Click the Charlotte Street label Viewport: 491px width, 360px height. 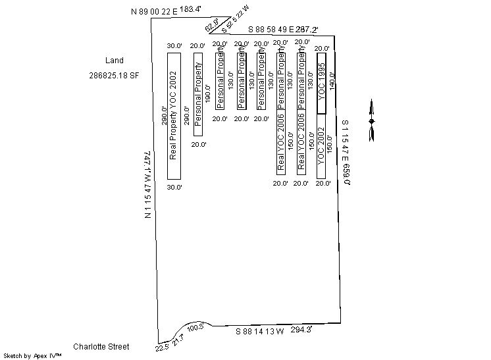(x=101, y=346)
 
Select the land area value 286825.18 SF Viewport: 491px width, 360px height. (x=114, y=75)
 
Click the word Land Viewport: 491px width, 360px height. (x=115, y=61)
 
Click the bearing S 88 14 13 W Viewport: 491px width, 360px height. (x=260, y=332)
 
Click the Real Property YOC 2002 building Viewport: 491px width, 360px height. (x=174, y=115)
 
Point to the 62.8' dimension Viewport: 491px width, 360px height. (x=212, y=27)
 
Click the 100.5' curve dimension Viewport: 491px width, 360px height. (x=196, y=328)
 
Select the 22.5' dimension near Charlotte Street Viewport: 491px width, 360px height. (x=162, y=347)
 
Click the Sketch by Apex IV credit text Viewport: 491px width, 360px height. (x=33, y=355)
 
